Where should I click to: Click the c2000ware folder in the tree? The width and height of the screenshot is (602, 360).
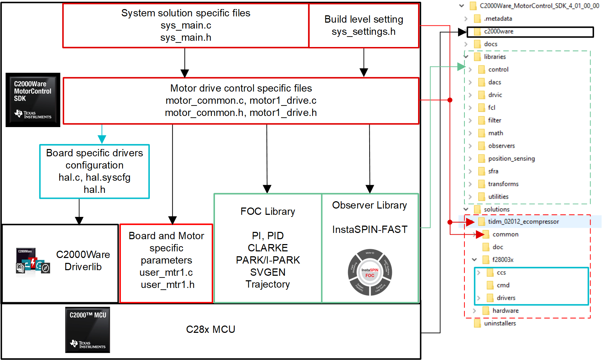tap(499, 32)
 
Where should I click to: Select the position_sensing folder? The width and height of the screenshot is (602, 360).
tap(511, 159)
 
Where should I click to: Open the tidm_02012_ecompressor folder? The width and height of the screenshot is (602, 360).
tap(523, 222)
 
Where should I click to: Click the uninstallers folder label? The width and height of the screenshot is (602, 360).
tap(500, 323)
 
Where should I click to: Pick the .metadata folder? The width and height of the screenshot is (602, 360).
tap(497, 19)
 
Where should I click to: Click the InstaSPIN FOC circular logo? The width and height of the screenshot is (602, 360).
tap(370, 273)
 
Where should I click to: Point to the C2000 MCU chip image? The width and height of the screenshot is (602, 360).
tap(87, 330)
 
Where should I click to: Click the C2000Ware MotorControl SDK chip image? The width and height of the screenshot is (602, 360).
tap(33, 100)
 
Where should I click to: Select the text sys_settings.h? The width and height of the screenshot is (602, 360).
tap(363, 32)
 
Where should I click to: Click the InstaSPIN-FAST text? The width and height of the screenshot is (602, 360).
tap(370, 230)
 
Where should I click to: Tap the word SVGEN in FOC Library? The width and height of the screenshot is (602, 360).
tap(268, 272)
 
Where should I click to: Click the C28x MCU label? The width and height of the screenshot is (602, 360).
tap(210, 329)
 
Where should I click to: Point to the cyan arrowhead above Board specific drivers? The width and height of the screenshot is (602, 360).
tap(102, 139)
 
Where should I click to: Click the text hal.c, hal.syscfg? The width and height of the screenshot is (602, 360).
tap(94, 178)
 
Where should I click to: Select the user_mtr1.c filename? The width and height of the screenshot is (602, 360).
tap(166, 273)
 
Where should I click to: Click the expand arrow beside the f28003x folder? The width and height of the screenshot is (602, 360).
tap(474, 260)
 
